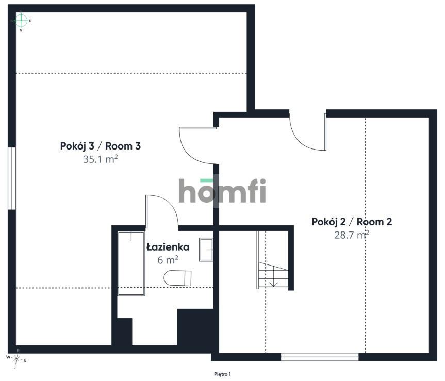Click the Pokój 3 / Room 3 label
[x=101, y=146]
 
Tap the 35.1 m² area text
[x=100, y=159]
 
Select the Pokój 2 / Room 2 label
[x=352, y=222]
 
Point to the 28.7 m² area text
[x=352, y=235]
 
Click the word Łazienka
[x=168, y=247]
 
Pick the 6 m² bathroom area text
[x=168, y=260]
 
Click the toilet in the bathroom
[x=178, y=278]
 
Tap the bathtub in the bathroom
[x=131, y=263]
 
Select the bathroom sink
[x=206, y=250]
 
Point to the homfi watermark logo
[x=222, y=191]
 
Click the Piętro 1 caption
[x=223, y=374]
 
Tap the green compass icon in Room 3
[x=21, y=21]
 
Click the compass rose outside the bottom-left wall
[x=17, y=359]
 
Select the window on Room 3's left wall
[x=12, y=178]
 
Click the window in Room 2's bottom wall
[x=320, y=357]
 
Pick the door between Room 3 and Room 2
[x=198, y=145]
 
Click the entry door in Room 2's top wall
[x=308, y=132]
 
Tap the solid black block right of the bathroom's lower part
[x=195, y=327]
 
